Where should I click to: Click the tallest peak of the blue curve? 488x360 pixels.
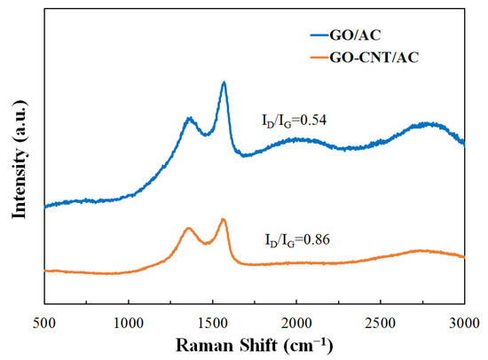(224, 82)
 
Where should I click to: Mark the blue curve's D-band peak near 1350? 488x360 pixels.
(189, 118)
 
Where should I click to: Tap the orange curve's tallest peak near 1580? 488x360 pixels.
(224, 219)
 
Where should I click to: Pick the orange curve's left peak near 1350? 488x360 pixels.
(188, 228)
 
